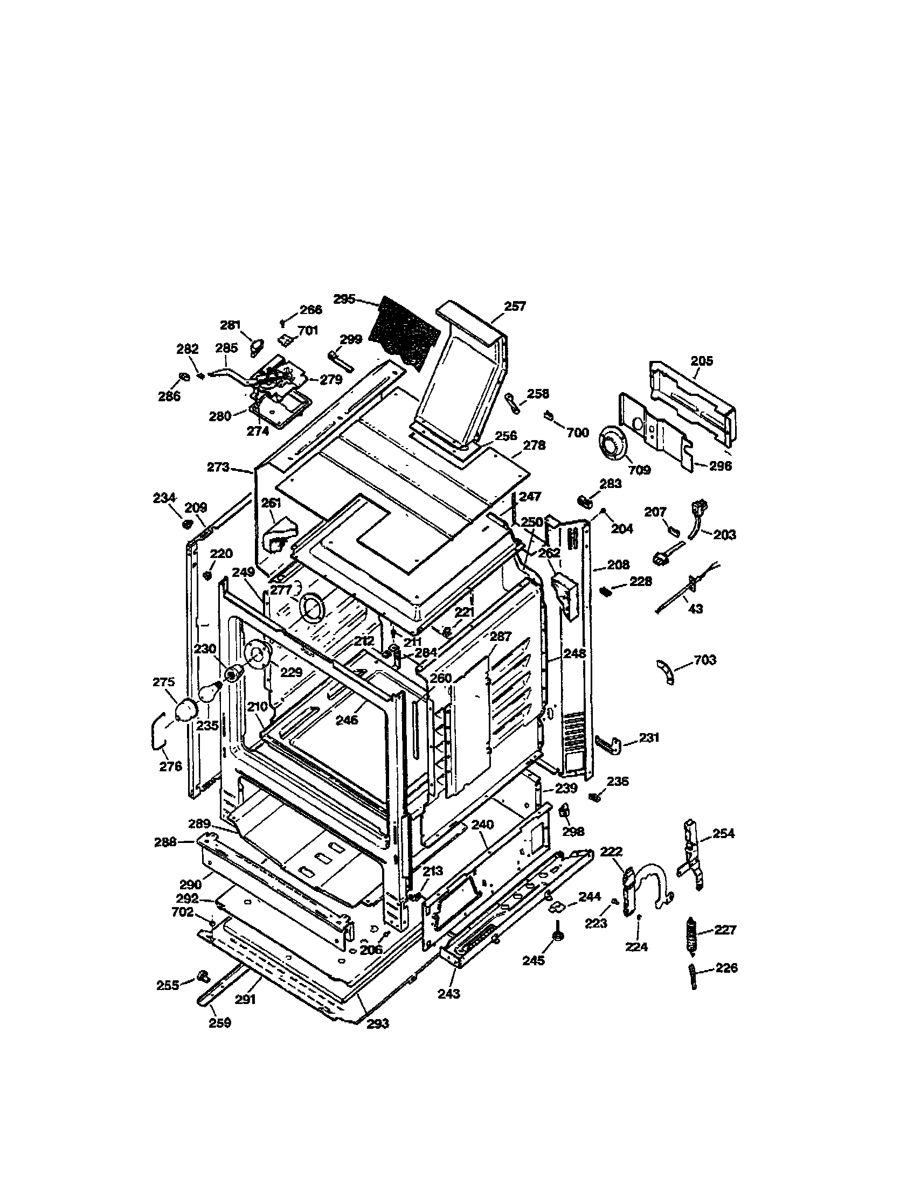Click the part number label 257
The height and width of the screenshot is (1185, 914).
515,306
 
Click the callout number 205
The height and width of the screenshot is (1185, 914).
702,361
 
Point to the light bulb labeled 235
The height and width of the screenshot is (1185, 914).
210,693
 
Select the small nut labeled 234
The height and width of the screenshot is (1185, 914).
186,524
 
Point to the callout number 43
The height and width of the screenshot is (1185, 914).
695,609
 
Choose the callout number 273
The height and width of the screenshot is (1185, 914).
218,467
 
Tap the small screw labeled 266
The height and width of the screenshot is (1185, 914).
283,324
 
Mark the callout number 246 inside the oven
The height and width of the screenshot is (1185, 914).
347,720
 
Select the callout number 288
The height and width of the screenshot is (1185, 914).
165,842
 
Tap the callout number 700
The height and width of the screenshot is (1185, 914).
578,433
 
